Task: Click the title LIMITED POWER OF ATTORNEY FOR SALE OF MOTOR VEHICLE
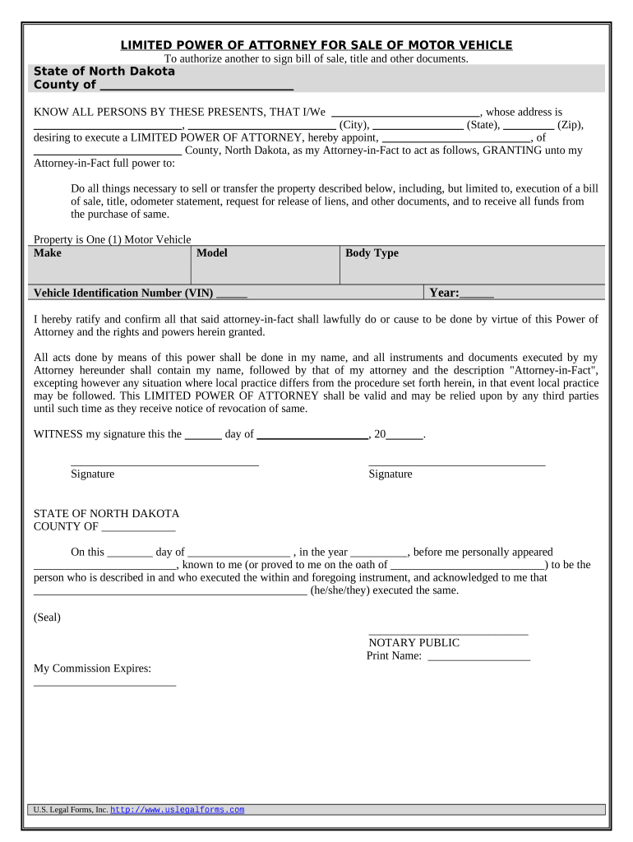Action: pyautogui.click(x=316, y=44)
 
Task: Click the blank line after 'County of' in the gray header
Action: pyautogui.click(x=196, y=86)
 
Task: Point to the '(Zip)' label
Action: pyautogui.click(x=571, y=126)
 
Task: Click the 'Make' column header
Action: pyautogui.click(x=48, y=253)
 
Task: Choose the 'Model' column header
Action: pyautogui.click(x=212, y=253)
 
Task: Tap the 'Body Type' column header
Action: pyautogui.click(x=372, y=253)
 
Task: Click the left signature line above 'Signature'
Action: pyautogui.click(x=164, y=465)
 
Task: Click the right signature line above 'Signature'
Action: pyautogui.click(x=456, y=465)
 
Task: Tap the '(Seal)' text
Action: pyautogui.click(x=47, y=617)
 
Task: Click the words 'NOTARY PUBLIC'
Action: pyautogui.click(x=414, y=643)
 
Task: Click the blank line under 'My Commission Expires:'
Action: pyautogui.click(x=104, y=683)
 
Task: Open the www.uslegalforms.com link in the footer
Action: pyautogui.click(x=177, y=810)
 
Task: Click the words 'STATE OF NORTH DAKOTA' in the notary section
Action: pyautogui.click(x=106, y=514)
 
